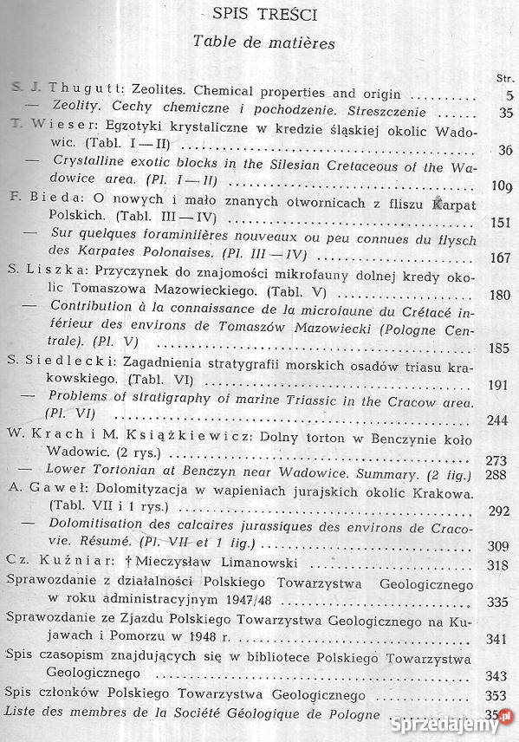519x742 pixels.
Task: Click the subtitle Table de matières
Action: click(x=263, y=42)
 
